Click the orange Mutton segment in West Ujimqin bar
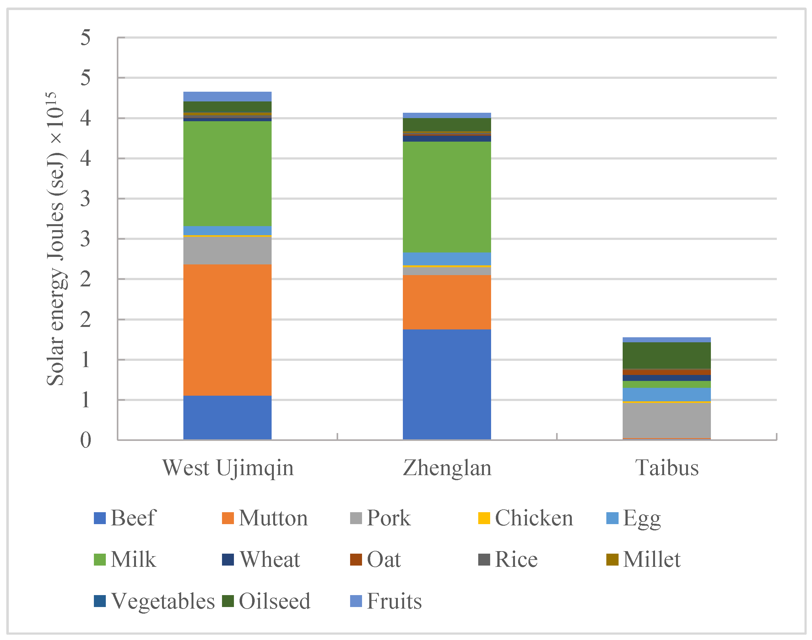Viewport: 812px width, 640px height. (227, 330)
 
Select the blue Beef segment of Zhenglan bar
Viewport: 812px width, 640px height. (447, 384)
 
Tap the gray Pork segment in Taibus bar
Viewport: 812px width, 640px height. (666, 420)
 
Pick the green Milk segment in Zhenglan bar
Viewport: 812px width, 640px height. (447, 197)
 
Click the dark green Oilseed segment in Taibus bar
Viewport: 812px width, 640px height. (666, 355)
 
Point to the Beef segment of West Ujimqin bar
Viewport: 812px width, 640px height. (227, 417)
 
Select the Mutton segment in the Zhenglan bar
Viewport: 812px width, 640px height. (447, 302)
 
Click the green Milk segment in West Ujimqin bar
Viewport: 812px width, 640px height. (227, 173)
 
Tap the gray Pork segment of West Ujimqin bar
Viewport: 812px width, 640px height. (227, 250)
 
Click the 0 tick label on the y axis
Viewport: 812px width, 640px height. (85, 440)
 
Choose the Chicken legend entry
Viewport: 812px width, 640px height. (526, 518)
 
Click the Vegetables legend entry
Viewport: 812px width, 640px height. (154, 601)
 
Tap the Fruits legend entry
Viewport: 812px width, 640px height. (386, 601)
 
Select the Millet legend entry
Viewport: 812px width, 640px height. (643, 560)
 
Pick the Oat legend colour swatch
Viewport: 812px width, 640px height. (355, 560)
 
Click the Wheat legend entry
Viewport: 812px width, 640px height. (261, 560)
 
